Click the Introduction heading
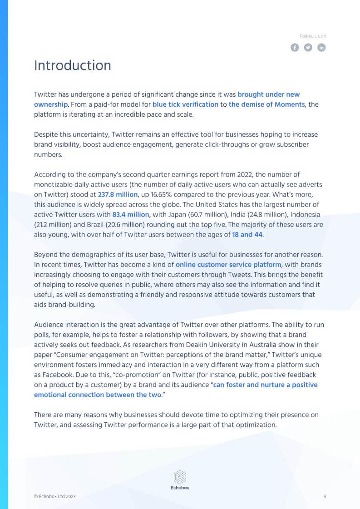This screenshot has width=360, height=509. [73, 65]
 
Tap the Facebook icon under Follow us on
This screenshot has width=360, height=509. [295, 47]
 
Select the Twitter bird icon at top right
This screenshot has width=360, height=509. [308, 47]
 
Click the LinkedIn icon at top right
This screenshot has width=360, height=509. [321, 47]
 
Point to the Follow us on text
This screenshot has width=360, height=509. [313, 36]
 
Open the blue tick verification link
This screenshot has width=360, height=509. [185, 104]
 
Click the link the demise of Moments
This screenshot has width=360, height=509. [267, 104]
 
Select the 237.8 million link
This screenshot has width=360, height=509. [118, 194]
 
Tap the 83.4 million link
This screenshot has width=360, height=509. [131, 214]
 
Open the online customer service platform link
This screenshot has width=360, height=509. [228, 264]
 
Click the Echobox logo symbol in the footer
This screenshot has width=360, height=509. [180, 477]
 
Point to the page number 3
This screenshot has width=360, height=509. [325, 497]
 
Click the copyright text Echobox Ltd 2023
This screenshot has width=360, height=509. [55, 497]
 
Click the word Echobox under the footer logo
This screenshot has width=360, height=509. [180, 488]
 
